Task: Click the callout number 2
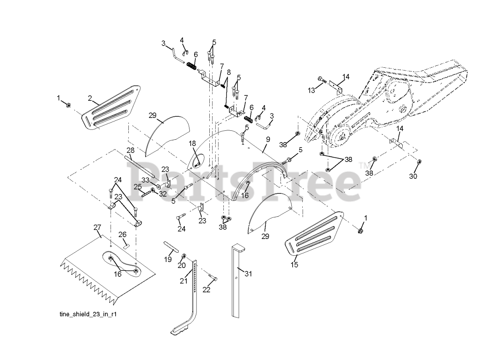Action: (x=90, y=98)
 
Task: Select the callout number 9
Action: (x=268, y=139)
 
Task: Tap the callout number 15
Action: (x=295, y=265)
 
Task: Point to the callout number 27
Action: (x=97, y=227)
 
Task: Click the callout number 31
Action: (x=248, y=274)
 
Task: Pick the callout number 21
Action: (x=183, y=281)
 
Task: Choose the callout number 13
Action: (x=311, y=90)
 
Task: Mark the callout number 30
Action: (x=413, y=176)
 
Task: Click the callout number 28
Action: (x=130, y=150)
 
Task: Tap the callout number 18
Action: (x=192, y=144)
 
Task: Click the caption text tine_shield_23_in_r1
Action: (x=86, y=314)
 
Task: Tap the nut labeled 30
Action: (x=419, y=162)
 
